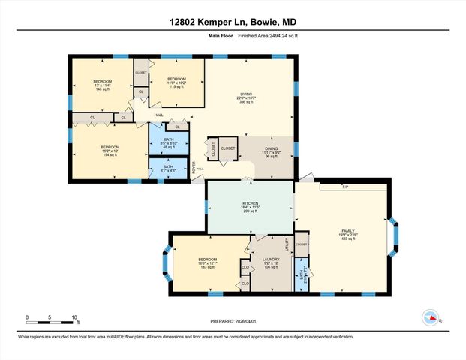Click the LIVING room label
coord(245,94)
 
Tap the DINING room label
coord(271,149)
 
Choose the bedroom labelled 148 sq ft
coord(102,81)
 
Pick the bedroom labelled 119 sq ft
coord(176,79)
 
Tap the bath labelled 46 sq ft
coord(168,139)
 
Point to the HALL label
coord(158,115)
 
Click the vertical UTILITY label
coord(287,244)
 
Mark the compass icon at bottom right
coord(431,317)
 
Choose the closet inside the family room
coord(302,244)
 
